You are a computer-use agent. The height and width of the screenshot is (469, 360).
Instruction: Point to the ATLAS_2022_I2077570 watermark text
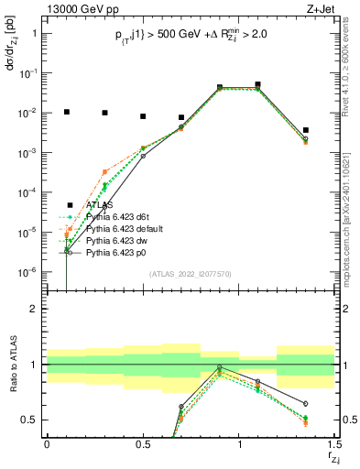[191, 275]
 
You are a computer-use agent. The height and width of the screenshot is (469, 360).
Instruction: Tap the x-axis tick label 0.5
[143, 445]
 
